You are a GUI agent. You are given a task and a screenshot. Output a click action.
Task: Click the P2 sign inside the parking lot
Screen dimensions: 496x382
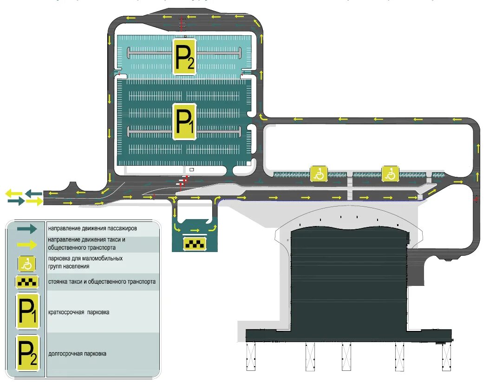tap(185, 56)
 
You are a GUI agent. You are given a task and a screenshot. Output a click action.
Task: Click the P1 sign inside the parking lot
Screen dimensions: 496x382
tap(184, 122)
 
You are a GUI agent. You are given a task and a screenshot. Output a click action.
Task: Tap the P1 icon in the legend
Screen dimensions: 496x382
tap(28, 311)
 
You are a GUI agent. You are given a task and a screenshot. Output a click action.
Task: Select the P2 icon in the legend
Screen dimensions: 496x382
tap(28, 353)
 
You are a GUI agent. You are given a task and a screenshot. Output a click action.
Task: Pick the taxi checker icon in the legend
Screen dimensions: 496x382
tap(27, 282)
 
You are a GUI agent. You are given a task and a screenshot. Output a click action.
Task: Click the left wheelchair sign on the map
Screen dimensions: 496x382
tap(319, 174)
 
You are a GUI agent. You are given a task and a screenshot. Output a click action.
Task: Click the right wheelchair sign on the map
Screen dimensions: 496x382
tap(390, 174)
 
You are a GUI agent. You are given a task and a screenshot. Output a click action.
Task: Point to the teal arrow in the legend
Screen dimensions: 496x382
tap(27, 228)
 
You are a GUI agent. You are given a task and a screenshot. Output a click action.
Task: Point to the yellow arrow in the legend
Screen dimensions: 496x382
tap(27, 245)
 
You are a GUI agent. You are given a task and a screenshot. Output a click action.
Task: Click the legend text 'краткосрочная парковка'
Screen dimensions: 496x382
tap(78, 312)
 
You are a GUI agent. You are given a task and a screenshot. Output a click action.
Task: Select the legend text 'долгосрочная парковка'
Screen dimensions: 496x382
tap(77, 354)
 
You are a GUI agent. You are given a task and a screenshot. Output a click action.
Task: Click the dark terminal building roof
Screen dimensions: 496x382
tap(348, 278)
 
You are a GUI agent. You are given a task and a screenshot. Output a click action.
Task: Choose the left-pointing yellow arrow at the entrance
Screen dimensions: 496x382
tap(14, 193)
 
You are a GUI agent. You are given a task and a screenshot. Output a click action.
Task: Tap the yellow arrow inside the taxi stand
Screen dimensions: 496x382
tap(196, 230)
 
